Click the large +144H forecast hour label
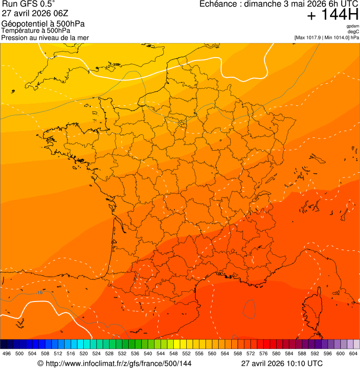point(332,15)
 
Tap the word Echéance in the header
point(216,4)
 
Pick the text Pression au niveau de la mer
point(45,37)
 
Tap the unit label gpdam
point(353,26)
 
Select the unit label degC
point(353,32)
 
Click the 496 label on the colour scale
point(7,353)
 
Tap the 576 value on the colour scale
point(264,353)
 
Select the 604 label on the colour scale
point(353,353)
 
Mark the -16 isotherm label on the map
point(39,293)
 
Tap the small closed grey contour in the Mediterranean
point(250,308)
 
